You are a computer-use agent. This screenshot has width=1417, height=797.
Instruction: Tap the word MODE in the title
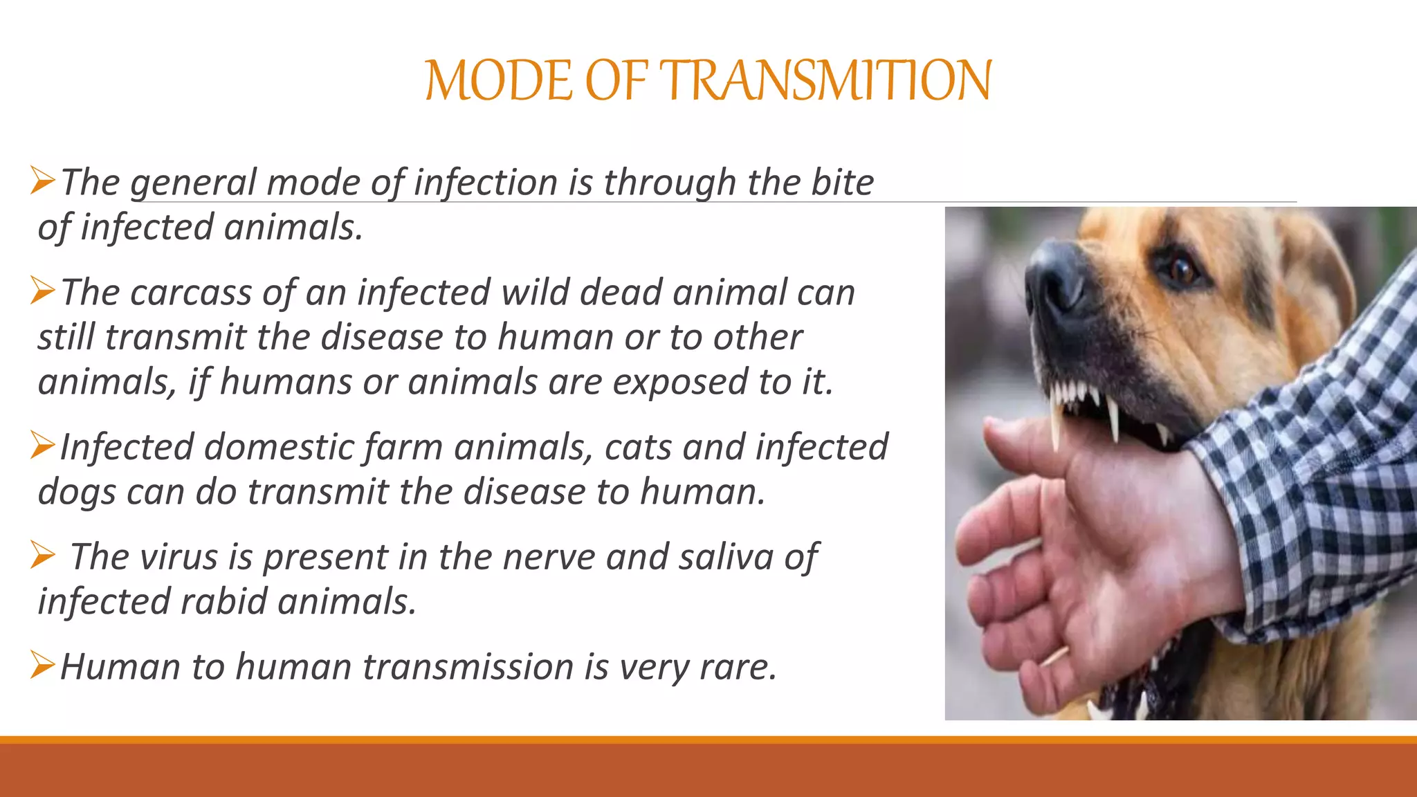pyautogui.click(x=498, y=81)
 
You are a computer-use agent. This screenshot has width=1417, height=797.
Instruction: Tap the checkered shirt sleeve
pyautogui.click(x=1315, y=484)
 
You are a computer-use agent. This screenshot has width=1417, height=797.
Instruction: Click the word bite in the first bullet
pyautogui.click(x=842, y=183)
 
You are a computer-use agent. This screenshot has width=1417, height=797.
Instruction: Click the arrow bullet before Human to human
pyautogui.click(x=43, y=666)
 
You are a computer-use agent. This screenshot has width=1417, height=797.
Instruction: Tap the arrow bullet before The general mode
pyautogui.click(x=43, y=181)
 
